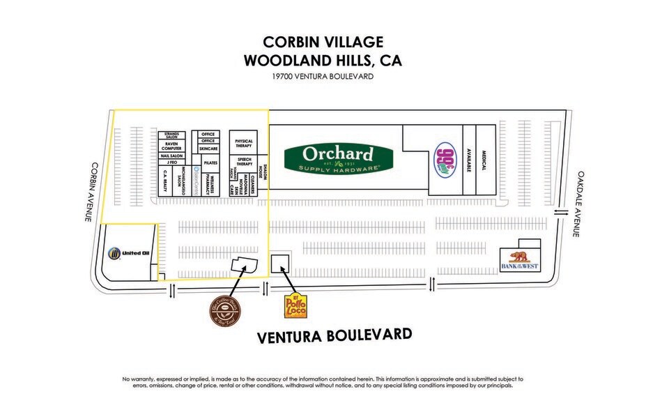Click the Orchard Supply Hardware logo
coord(337,157)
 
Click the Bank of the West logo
coord(521,261)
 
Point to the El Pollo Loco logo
coord(295,306)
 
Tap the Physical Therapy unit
coord(243,143)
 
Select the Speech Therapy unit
coord(243,161)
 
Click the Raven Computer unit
coord(171,146)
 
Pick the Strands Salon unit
coord(171,135)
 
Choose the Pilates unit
coord(211,162)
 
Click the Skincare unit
coord(208,149)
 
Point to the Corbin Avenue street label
coord(89,192)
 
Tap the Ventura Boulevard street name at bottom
coord(334,336)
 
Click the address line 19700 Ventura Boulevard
coord(323,77)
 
